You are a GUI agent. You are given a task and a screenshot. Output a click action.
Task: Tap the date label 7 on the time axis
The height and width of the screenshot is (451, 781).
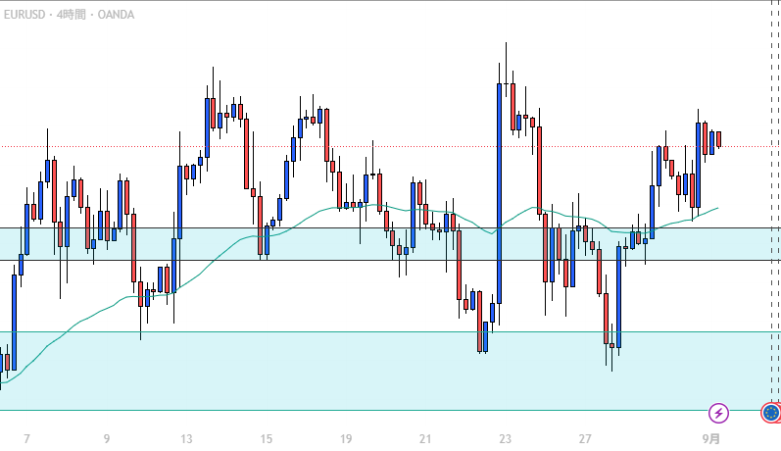pos(26,438)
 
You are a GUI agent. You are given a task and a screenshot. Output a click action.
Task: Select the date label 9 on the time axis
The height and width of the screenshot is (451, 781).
pos(106,438)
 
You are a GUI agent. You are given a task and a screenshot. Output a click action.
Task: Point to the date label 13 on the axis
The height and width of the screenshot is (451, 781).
pos(186,438)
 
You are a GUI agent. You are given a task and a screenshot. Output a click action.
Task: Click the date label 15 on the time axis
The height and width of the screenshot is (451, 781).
pos(266,438)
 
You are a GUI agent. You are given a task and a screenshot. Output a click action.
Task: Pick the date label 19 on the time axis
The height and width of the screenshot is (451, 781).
pos(345,438)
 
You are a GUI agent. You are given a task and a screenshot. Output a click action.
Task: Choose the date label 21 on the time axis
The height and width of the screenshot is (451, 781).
pos(425,438)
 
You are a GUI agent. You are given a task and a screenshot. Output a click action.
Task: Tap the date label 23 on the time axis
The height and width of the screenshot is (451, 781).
pos(505,438)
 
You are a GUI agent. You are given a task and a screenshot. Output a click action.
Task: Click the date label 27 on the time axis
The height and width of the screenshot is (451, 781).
pos(585,438)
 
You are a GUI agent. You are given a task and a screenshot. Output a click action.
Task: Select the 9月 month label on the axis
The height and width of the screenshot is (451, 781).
pos(714,438)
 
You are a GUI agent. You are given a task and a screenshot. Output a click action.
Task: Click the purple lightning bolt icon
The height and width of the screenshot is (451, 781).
pos(719,413)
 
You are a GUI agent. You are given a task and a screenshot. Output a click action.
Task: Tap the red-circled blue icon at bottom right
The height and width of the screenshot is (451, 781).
pos(771,413)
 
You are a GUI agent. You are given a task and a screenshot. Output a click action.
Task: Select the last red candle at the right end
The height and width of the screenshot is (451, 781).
pos(718,139)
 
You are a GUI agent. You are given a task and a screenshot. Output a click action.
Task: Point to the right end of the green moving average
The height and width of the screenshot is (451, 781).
pos(718,208)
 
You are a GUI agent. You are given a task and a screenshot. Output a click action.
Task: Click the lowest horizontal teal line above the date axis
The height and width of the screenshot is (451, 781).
pos(392,410)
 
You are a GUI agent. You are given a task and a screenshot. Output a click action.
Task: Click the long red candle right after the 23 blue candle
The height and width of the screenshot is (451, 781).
pos(513,108)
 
